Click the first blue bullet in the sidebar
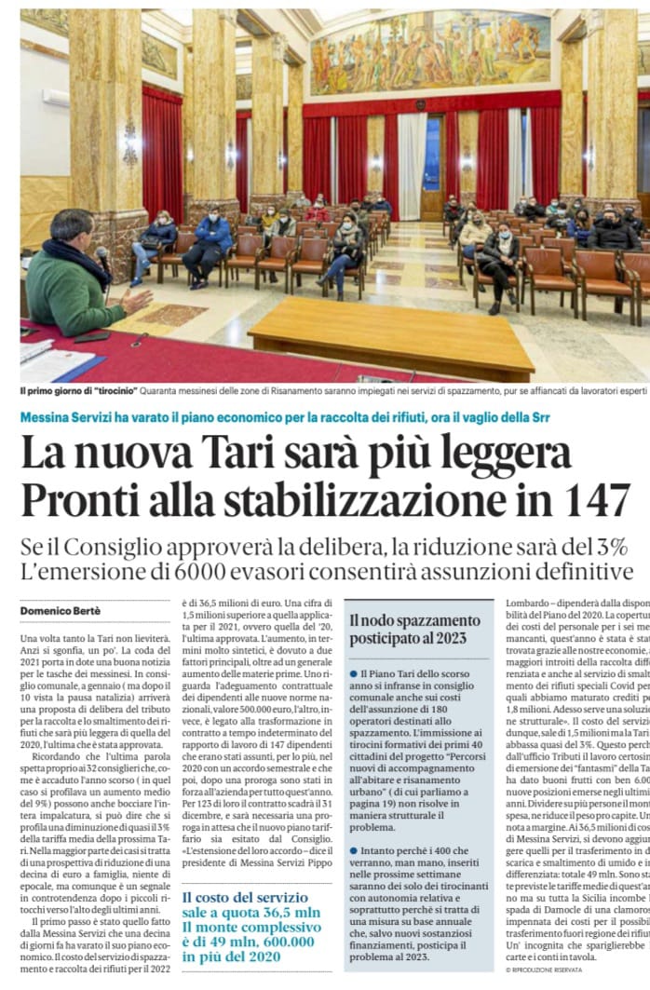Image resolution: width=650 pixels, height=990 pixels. point(354,672)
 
